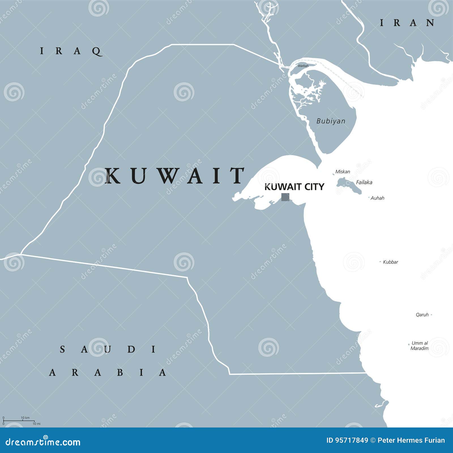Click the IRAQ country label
[71, 51]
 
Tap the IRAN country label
[407, 23]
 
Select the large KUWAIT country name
[175, 176]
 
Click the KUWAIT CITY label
[294, 187]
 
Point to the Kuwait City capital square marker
[285, 197]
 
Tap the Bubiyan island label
[331, 121]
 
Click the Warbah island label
[303, 66]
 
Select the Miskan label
[343, 172]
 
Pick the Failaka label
[364, 182]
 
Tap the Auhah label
[377, 198]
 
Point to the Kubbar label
[390, 262]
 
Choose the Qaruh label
[422, 315]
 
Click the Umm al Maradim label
[420, 346]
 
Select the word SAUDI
[108, 349]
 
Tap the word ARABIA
[108, 372]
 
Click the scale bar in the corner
[19, 421]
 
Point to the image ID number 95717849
[347, 440]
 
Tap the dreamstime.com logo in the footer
[43, 442]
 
